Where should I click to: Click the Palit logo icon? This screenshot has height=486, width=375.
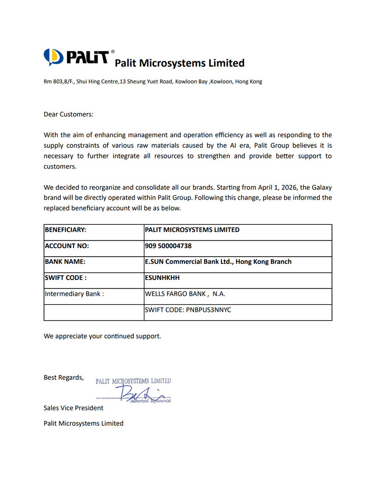click(52, 57)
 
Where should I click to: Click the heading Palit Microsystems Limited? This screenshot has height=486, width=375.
click(179, 63)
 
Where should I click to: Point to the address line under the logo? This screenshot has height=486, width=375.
click(153, 82)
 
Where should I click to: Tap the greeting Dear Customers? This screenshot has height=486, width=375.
click(68, 114)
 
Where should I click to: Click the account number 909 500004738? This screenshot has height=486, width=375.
click(168, 246)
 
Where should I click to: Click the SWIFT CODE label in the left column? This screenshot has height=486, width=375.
click(66, 278)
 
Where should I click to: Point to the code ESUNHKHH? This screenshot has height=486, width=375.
click(162, 278)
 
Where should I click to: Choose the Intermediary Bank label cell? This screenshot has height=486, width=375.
click(74, 294)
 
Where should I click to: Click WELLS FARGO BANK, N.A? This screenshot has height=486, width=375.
click(185, 294)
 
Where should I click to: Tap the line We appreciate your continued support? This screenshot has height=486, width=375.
click(102, 336)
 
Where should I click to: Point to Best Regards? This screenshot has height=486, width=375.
click(63, 377)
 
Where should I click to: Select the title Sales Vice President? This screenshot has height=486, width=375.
click(73, 408)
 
